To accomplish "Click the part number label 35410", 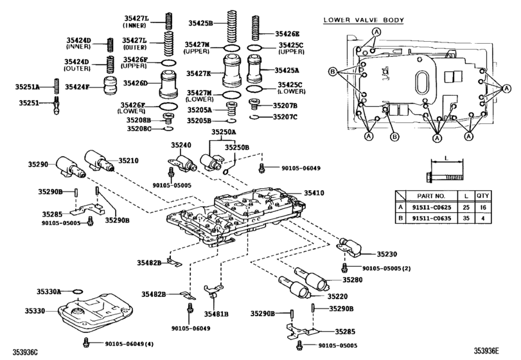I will point(314,192).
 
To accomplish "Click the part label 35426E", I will point(287,33).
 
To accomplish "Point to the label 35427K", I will point(199,75).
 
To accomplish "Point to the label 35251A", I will point(28,86).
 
